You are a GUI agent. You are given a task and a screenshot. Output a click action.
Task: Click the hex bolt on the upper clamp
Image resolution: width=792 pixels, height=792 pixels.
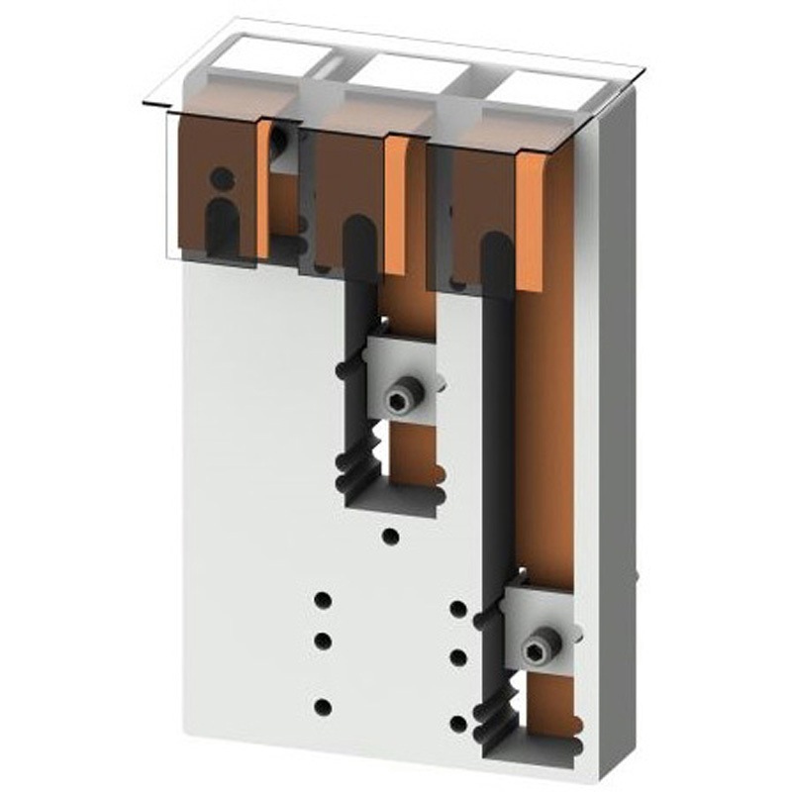pos(399,399)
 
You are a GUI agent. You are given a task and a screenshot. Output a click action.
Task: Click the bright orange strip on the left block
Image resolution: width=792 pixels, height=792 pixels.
pos(263,188)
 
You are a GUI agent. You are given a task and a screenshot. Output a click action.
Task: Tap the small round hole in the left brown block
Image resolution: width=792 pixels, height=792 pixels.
pos(223,178)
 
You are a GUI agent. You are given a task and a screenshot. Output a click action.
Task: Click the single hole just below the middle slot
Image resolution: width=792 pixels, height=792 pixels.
pos(391,537)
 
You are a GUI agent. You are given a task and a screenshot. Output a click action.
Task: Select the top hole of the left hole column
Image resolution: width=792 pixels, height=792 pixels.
pos(322,600)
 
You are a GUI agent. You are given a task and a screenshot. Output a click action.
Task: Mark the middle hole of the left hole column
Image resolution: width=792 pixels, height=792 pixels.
pos(322,641)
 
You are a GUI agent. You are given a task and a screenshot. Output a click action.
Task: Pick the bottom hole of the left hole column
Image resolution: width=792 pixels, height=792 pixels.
pos(322,707)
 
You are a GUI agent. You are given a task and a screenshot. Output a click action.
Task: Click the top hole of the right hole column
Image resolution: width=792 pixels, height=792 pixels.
pos(457,608)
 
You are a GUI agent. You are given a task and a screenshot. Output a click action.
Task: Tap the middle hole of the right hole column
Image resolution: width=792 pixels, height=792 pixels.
pos(457,656)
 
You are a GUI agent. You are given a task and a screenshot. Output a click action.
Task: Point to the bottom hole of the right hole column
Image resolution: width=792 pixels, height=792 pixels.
pos(457,724)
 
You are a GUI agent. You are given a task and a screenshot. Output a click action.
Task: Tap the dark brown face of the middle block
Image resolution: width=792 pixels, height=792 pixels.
pos(346,178)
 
